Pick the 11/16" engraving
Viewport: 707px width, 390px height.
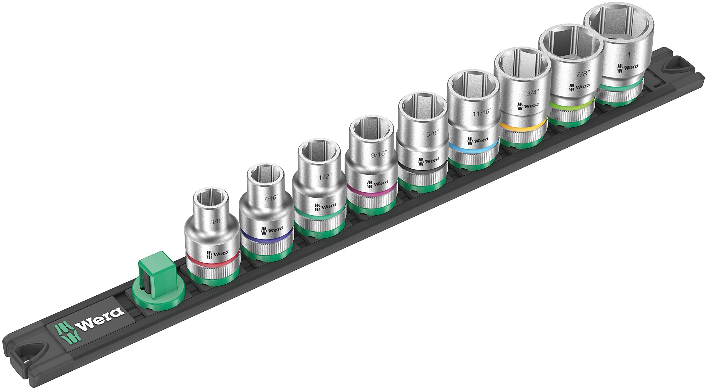[x=480, y=112]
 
